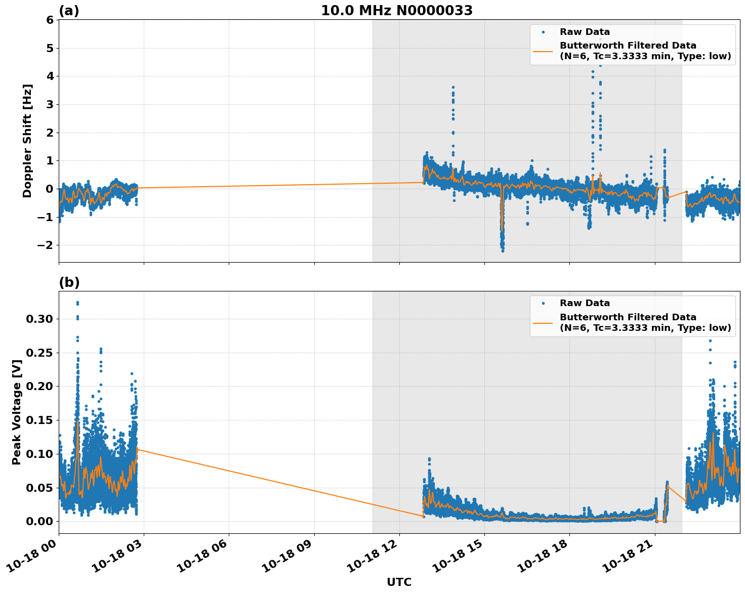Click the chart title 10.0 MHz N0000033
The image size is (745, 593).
coord(397,11)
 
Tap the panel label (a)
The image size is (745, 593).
coord(69,11)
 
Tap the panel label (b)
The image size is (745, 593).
coord(69,282)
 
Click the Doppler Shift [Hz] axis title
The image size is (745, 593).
coord(27,141)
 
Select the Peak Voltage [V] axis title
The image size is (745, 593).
coord(17,412)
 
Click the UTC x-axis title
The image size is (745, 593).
coord(399,582)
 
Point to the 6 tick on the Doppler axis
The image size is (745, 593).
coord(50,20)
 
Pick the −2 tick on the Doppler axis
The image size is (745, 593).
coord(46,245)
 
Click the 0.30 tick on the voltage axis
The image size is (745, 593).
coord(39,319)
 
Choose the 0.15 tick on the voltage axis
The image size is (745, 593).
coord(39,420)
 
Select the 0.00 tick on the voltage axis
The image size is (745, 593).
coord(39,522)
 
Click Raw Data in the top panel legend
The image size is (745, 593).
coord(585,32)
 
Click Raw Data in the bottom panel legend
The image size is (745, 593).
coord(585,303)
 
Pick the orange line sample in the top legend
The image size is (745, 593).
coord(543,51)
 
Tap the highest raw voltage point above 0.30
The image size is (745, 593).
coord(77,303)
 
